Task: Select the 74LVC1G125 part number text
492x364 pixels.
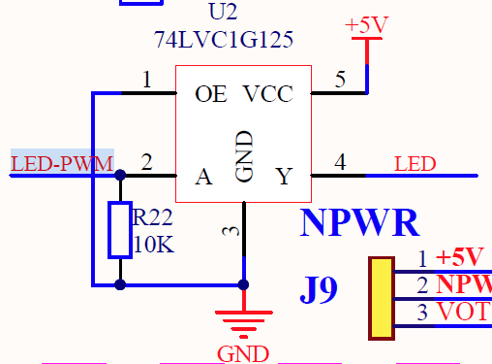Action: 223,40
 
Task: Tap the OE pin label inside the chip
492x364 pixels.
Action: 210,94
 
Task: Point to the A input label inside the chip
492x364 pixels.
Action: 203,177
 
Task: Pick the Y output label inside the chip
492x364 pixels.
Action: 284,177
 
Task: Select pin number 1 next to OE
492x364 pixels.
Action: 146,80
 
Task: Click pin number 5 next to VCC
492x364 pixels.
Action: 340,80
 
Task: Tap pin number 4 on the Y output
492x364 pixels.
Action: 340,162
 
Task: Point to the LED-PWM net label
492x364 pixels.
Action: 62,163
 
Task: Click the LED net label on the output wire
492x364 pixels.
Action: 415,163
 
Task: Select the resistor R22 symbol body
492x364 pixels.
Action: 119,230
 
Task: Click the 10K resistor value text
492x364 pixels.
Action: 154,246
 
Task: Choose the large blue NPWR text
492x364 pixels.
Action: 359,223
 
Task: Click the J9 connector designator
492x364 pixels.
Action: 319,289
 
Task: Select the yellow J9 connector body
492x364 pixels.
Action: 382,298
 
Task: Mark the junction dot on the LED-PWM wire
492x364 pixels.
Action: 119,176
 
